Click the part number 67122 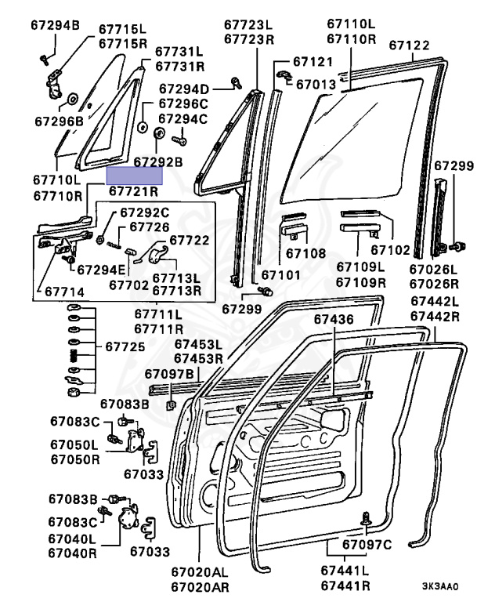(x=410, y=45)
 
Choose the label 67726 (x=150, y=227)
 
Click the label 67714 (x=64, y=291)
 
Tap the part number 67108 (x=305, y=253)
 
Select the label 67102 (x=390, y=251)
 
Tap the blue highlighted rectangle (x=135, y=175)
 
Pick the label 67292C (x=144, y=212)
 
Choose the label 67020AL (x=202, y=572)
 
